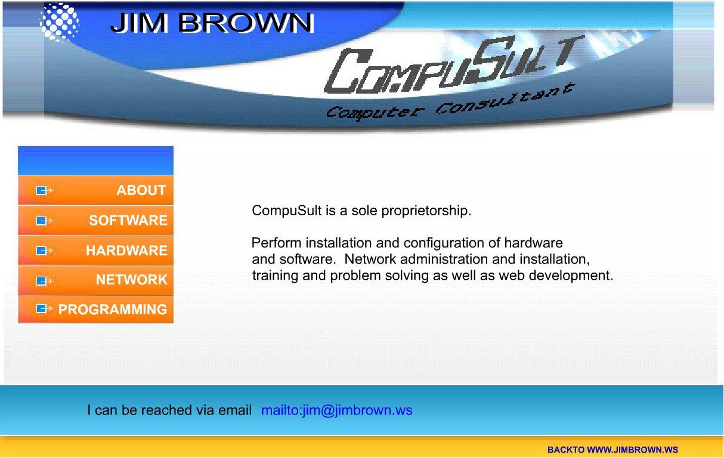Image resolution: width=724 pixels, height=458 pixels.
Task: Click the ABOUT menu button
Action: (95, 190)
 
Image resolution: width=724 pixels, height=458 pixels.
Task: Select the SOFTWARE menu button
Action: (95, 221)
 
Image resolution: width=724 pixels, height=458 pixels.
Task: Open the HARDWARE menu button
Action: (95, 250)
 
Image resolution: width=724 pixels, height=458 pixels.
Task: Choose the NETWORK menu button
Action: (95, 280)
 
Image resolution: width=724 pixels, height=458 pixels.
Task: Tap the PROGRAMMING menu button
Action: (95, 310)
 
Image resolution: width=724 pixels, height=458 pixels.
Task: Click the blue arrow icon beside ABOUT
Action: (44, 190)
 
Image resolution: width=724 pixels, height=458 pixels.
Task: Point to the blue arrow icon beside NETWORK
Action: (44, 281)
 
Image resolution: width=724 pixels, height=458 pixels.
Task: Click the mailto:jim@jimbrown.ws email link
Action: (336, 410)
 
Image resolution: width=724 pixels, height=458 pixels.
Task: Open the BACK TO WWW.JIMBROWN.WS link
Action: (612, 450)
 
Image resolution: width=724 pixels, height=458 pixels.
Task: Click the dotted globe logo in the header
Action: (59, 22)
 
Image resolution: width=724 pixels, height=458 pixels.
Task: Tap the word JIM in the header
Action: (140, 23)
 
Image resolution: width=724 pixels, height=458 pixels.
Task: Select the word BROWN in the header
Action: (246, 23)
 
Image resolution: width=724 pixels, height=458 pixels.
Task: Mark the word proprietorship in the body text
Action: (426, 211)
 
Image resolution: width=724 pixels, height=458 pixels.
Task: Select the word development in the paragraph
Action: (571, 276)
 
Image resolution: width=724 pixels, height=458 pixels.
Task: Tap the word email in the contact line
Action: (234, 410)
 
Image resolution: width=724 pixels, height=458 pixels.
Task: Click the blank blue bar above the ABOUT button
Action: (95, 160)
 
